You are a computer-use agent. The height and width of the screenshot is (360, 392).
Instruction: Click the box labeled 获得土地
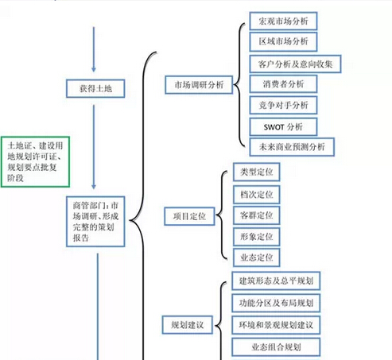[95, 88]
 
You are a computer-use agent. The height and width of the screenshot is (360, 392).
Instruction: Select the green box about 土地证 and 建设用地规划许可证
[35, 162]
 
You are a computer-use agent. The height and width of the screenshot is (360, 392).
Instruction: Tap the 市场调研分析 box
[199, 85]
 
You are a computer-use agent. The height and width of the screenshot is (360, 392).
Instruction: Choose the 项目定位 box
[189, 216]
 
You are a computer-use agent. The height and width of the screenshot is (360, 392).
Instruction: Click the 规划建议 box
[188, 325]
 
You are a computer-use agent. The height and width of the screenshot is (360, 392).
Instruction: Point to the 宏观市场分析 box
[283, 21]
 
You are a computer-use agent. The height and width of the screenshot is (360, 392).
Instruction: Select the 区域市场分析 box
[283, 41]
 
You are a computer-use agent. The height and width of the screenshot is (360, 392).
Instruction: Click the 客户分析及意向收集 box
[295, 64]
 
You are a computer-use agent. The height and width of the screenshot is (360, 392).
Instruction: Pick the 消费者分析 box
[283, 84]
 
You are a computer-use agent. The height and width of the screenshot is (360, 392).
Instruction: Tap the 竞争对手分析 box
[283, 105]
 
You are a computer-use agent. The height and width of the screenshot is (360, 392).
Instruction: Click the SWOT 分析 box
[283, 127]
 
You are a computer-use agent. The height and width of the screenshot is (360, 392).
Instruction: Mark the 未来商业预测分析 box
[292, 147]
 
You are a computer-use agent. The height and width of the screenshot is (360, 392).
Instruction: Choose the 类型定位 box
[257, 172]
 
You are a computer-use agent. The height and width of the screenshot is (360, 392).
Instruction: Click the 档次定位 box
[257, 195]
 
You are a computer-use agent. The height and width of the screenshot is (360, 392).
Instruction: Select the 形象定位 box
[257, 237]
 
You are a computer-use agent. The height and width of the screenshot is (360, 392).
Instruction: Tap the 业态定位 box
[257, 257]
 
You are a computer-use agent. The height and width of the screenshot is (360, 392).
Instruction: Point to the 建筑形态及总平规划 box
[276, 281]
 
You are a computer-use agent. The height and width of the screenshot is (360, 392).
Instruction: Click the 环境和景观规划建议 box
[276, 325]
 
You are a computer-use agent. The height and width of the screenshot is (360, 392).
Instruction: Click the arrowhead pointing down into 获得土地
[94, 69]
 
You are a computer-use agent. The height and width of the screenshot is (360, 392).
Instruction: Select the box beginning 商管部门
[95, 222]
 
